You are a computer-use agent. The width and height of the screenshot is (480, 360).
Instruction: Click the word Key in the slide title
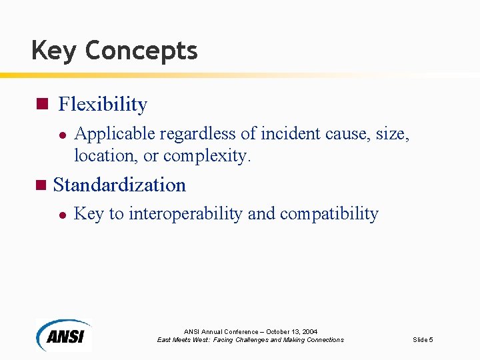tap(54, 51)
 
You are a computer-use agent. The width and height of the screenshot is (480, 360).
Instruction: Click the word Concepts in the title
tap(141, 51)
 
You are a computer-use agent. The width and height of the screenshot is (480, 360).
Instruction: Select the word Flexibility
tap(103, 104)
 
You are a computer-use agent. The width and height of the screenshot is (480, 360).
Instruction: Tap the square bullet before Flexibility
tap(41, 104)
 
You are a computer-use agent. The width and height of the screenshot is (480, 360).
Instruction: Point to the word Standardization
tap(119, 185)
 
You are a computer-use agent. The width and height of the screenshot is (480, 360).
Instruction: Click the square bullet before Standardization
tap(41, 185)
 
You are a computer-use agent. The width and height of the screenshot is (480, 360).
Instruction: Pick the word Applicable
tap(109, 134)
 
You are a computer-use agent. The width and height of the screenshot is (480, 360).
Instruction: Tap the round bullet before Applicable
tap(61, 135)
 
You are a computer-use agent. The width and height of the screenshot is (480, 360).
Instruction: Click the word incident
tap(291, 134)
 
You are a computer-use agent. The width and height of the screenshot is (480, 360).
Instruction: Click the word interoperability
tap(185, 214)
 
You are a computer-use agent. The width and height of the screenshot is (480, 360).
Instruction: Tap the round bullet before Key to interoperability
tap(61, 215)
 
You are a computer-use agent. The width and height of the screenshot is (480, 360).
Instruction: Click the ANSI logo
tap(64, 334)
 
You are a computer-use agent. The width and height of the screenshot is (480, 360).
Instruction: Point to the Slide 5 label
tap(423, 340)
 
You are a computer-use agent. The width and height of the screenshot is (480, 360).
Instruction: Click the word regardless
tap(193, 134)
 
